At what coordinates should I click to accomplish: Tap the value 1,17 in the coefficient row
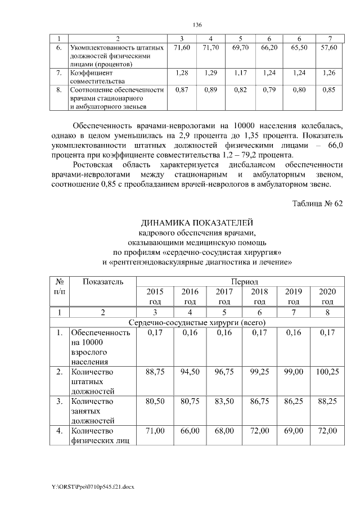click(240, 73)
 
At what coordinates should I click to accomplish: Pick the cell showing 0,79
click(268, 89)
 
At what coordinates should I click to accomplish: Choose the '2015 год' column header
click(155, 296)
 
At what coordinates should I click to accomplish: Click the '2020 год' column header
click(327, 296)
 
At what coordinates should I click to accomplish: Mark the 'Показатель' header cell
click(103, 281)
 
